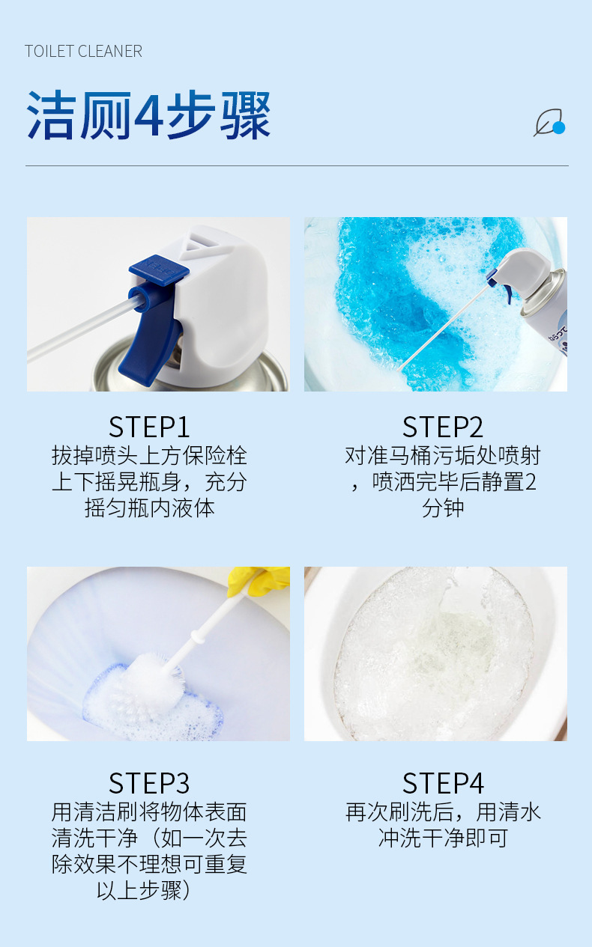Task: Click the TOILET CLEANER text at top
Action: [83, 52]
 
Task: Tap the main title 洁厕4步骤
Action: [148, 116]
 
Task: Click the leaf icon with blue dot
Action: [549, 124]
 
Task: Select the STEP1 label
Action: [149, 427]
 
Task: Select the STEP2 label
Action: [443, 427]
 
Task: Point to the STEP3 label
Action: [149, 783]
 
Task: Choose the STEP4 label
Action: [443, 783]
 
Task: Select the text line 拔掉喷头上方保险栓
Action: [149, 455]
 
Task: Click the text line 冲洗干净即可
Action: [443, 838]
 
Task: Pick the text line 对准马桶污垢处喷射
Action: [443, 455]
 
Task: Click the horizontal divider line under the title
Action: [297, 165]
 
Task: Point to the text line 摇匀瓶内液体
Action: [149, 508]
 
